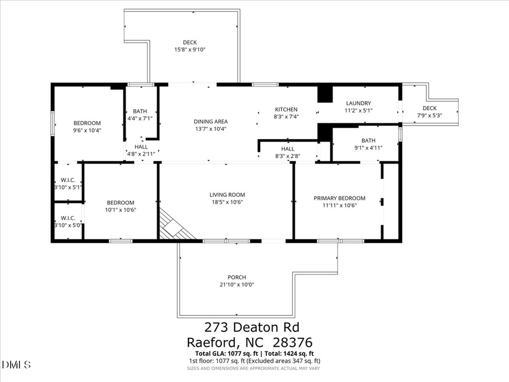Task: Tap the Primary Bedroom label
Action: [x=339, y=198]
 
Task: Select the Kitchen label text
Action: [x=286, y=109]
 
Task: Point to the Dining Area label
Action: [x=210, y=121]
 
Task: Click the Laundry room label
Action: [x=359, y=103]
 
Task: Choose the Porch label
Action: [x=236, y=277]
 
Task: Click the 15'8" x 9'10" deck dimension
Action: [x=189, y=50]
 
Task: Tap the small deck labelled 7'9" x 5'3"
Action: [x=429, y=111]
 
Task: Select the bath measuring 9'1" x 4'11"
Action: [x=368, y=144]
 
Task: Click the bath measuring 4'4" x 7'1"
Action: [x=140, y=115]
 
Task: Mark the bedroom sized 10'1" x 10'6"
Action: [x=120, y=206]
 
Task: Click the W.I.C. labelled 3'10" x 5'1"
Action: [x=68, y=183]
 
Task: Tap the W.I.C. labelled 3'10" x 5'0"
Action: [x=68, y=222]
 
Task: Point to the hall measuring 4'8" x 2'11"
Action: [x=141, y=150]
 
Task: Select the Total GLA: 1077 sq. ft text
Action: [x=221, y=354]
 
